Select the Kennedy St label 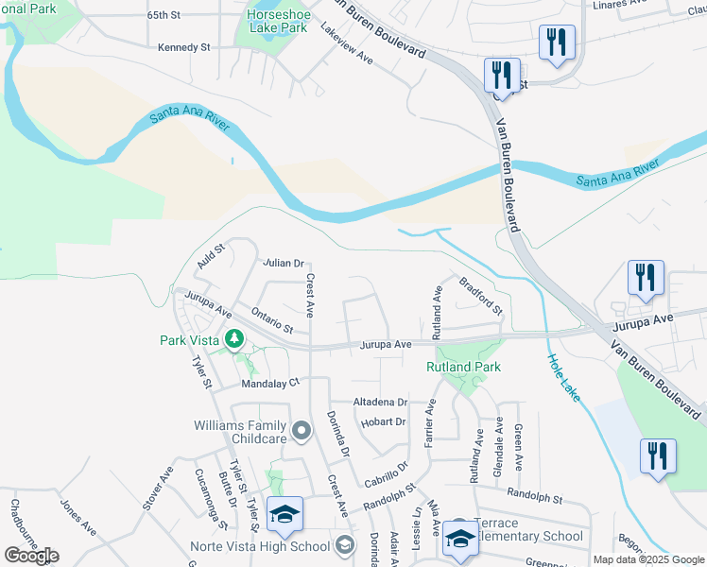coord(183,47)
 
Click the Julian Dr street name coord(284,263)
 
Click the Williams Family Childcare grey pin coord(302,432)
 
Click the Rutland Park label coord(463,367)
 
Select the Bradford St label coord(480,295)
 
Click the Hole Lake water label coord(564,378)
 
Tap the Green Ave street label coord(519,447)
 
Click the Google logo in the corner coord(31,556)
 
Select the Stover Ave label coord(158,488)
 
